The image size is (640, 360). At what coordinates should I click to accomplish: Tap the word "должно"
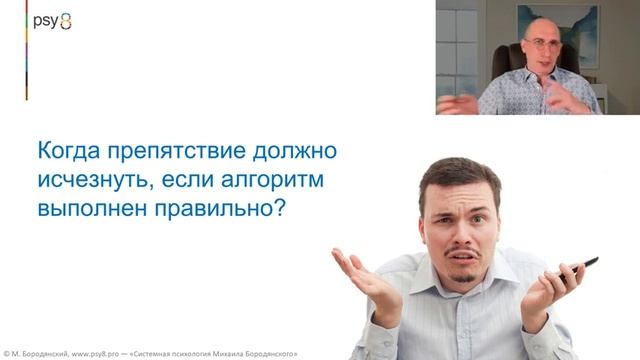tap(296, 152)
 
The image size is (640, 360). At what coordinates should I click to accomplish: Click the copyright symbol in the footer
tap(6, 354)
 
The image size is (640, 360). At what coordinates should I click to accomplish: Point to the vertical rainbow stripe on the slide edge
tap(27, 50)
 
